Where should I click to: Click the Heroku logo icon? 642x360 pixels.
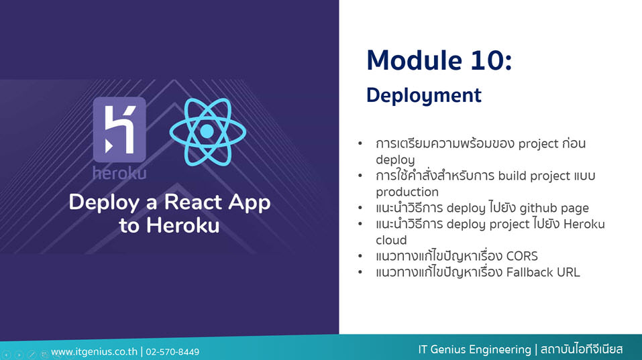[x=119, y=129]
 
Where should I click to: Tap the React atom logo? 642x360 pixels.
[x=207, y=131]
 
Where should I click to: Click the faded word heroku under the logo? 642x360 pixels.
[x=119, y=174]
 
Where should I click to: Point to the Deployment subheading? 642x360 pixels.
[x=424, y=96]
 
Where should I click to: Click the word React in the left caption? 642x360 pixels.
[x=193, y=202]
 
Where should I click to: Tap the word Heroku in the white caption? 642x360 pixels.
[x=182, y=225]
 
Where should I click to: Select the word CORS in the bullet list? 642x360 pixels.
[x=522, y=256]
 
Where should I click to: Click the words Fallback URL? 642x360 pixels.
[x=543, y=272]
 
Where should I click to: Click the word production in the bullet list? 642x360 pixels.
[x=407, y=192]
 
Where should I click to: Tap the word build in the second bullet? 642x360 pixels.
[x=512, y=176]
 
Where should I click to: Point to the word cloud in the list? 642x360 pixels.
[x=391, y=240]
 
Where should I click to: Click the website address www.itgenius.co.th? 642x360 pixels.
[x=94, y=352]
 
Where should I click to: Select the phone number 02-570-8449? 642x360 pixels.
[x=172, y=352]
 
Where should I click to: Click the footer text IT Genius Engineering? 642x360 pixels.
[x=474, y=350]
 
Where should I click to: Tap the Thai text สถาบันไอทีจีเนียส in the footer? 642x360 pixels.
[x=582, y=350]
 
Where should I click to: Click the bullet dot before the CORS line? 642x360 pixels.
[x=360, y=257]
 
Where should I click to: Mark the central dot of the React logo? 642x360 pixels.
[x=207, y=131]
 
